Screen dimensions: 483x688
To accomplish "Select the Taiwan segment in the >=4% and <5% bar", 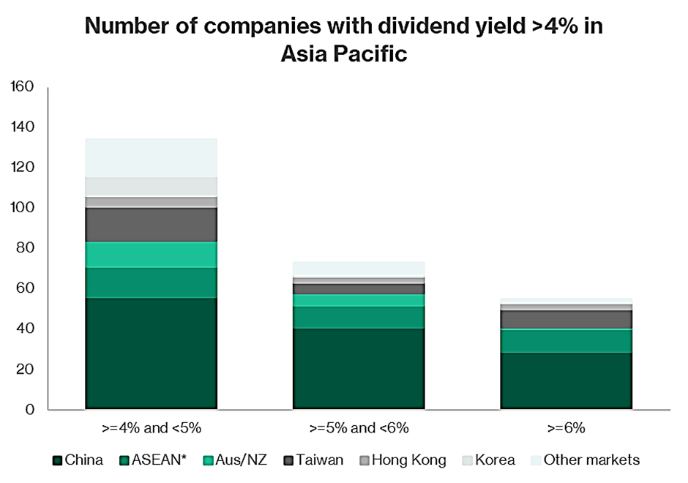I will click(x=151, y=225).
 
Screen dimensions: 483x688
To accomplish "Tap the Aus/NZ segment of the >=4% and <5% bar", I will click(x=151, y=255).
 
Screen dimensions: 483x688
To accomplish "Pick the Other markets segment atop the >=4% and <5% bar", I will click(x=151, y=157).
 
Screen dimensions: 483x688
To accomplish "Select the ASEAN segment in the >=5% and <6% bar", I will click(x=359, y=318).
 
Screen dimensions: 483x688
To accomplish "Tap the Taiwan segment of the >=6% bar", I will click(x=567, y=320).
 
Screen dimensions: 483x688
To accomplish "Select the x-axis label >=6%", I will click(x=567, y=427).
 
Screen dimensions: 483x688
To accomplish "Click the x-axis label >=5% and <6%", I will click(x=359, y=427).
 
